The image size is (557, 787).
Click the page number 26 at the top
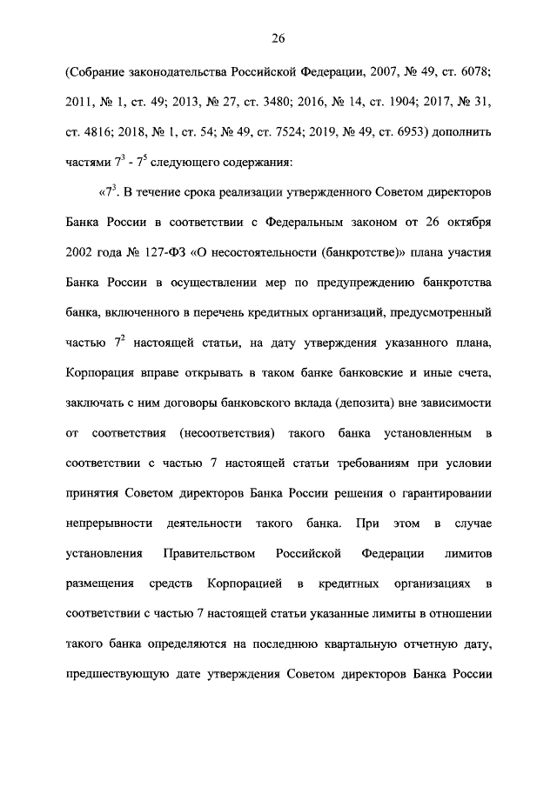[x=278, y=38]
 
